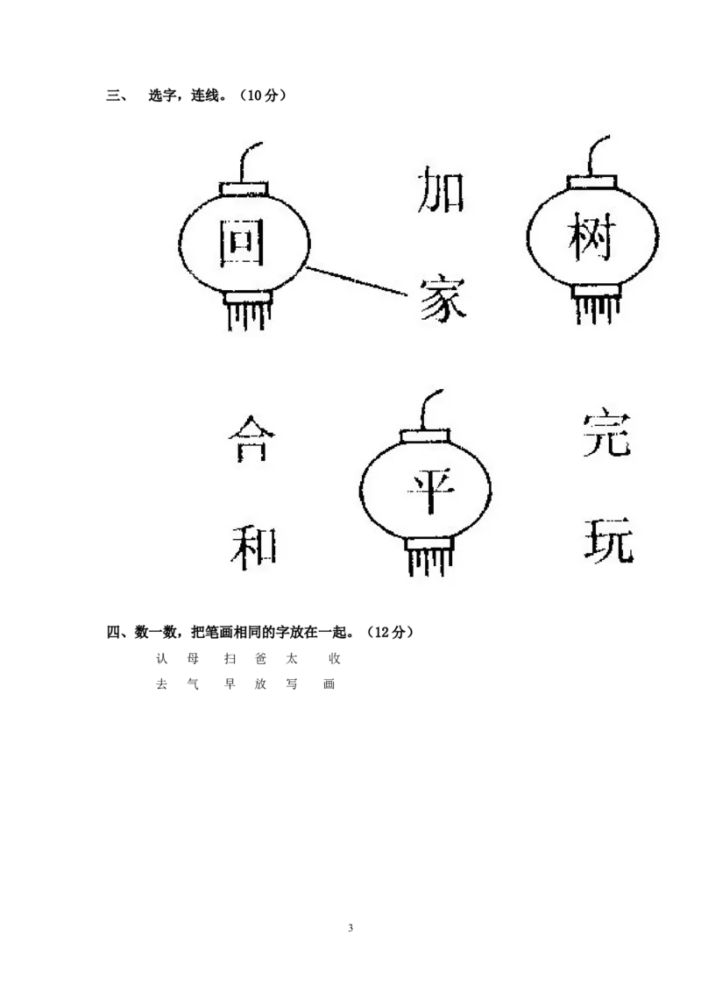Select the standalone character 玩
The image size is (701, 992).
coord(607,539)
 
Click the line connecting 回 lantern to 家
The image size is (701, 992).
coord(359,282)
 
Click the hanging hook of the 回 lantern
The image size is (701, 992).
coord(249,159)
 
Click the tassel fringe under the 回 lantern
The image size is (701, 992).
coord(247,315)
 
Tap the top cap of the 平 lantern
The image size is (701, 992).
coord(426,436)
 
